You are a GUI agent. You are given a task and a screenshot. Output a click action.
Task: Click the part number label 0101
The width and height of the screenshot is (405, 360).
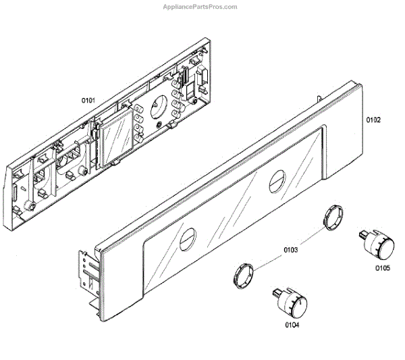[88, 101]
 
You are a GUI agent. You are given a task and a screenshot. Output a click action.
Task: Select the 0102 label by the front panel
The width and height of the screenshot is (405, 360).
[373, 120]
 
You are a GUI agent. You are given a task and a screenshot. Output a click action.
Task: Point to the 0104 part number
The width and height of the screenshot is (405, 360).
[292, 325]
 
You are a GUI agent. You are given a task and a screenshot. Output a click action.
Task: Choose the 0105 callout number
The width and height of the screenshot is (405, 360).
[383, 268]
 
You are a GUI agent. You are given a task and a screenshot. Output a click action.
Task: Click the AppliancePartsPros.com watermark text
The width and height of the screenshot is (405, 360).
[200, 7]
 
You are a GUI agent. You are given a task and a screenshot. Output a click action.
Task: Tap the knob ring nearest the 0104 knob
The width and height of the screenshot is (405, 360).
[245, 274]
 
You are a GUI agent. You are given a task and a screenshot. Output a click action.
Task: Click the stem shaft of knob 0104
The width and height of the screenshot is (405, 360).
[277, 291]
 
